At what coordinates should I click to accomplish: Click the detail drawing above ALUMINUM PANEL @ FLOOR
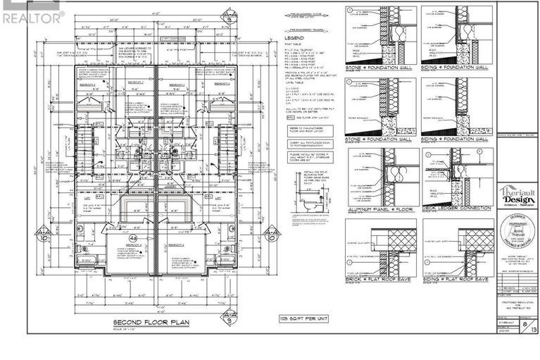tap(379, 176)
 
